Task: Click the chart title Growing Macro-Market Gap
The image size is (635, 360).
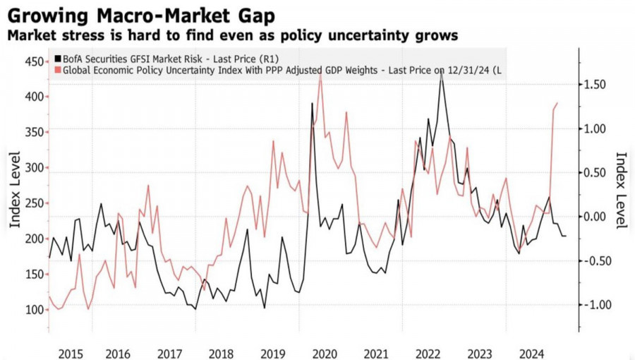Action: (142, 14)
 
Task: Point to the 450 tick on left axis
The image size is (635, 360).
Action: (32, 61)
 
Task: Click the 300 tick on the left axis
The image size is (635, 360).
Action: (32, 168)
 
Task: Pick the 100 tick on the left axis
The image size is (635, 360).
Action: (32, 310)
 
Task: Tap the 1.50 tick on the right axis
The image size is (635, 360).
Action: (597, 85)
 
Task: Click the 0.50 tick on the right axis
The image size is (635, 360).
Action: (597, 173)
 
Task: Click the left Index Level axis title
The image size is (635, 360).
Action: (15, 190)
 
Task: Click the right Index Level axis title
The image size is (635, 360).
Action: (622, 190)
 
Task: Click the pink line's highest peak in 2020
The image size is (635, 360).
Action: (320, 73)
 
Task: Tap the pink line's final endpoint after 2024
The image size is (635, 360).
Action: (557, 103)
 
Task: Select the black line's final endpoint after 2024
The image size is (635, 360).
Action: (566, 236)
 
